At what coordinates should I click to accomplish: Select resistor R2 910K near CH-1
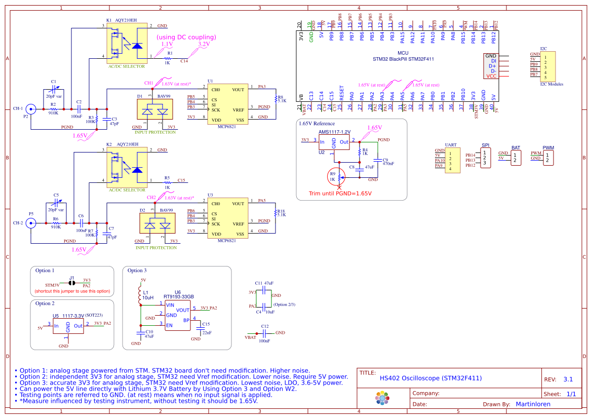53,109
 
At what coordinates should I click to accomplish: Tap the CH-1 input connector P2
31,108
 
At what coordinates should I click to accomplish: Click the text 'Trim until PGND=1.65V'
340,194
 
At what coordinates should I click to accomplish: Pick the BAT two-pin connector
516,158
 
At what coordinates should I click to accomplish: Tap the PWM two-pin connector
548,158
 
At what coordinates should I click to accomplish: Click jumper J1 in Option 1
72,282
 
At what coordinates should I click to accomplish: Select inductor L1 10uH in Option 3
140,295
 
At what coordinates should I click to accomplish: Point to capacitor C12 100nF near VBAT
264,333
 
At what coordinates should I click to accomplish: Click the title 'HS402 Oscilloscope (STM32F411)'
430,378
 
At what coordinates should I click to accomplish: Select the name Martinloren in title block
533,404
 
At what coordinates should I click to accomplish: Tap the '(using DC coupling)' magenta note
186,37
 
